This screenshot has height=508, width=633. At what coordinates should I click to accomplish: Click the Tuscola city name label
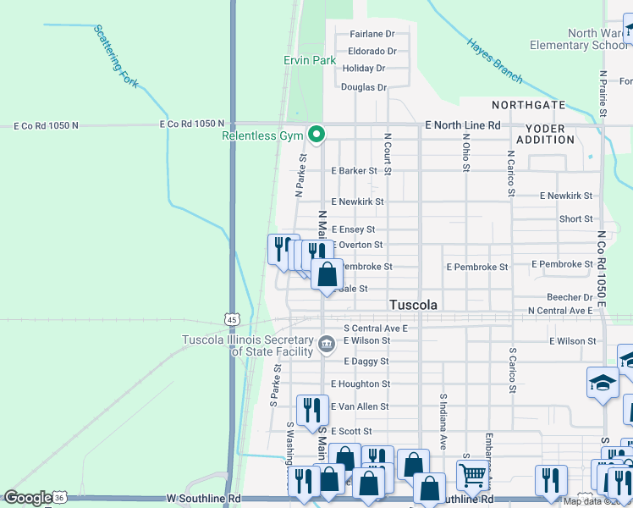414,305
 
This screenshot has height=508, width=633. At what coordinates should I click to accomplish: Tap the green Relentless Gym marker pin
316,134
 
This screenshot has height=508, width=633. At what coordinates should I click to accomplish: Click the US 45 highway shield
233,317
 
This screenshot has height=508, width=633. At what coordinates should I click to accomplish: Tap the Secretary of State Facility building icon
327,343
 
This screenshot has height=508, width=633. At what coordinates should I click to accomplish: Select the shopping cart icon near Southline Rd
472,476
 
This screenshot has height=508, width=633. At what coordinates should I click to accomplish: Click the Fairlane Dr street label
372,34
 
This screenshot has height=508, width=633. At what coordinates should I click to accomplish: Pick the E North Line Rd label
463,125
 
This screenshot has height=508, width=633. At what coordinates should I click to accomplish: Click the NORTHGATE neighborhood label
529,105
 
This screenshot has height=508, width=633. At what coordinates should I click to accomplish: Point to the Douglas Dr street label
364,87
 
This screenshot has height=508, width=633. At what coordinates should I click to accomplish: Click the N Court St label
387,153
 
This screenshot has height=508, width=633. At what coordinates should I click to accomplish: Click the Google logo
28,498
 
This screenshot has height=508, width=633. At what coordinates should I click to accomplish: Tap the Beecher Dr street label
570,298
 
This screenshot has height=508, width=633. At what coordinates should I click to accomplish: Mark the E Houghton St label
361,384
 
